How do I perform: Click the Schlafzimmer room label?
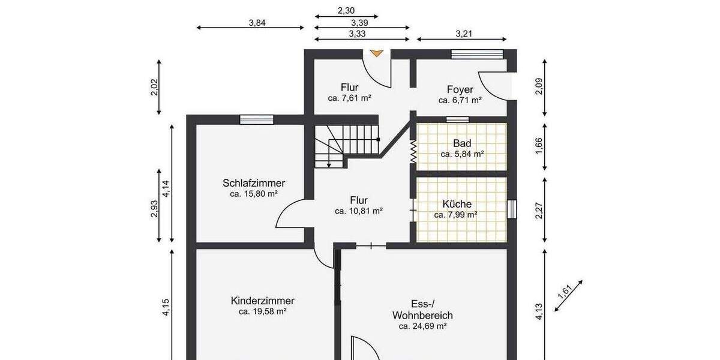pos(253,183)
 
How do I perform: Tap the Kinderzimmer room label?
pos(262,301)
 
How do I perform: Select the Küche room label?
pos(457,204)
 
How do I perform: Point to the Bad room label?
pos(462,143)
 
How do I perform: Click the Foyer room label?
pos(460,89)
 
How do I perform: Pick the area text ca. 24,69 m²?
pos(422,326)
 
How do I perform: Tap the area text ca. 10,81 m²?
pos(359,211)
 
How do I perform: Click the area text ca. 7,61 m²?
pos(349,98)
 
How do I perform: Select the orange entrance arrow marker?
pos(376,53)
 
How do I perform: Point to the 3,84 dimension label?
pos(257,23)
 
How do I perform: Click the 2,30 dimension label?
pos(346,10)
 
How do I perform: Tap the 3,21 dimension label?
pos(464,34)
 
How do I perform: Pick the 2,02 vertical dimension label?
pos(154,88)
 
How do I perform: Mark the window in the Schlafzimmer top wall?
pos(256,119)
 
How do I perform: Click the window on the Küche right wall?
pos(511,209)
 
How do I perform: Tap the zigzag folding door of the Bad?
pos(413,152)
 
